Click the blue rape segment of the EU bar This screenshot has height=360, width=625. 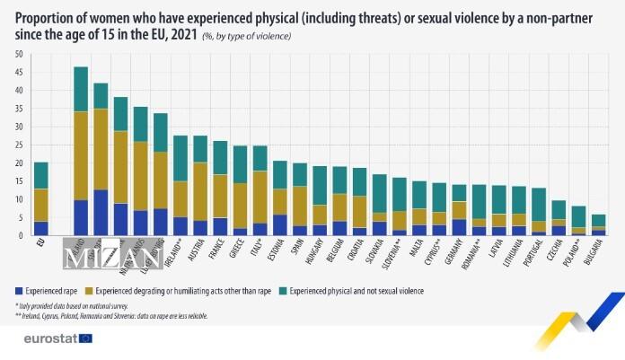(x=41, y=228)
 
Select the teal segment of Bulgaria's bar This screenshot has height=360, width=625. (x=598, y=220)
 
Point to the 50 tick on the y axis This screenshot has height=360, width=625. (x=19, y=55)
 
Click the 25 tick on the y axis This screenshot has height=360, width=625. (x=19, y=145)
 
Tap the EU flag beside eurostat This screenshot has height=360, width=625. (x=86, y=338)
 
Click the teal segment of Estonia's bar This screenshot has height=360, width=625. (x=279, y=175)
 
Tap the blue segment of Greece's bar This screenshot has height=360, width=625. (x=240, y=232)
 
